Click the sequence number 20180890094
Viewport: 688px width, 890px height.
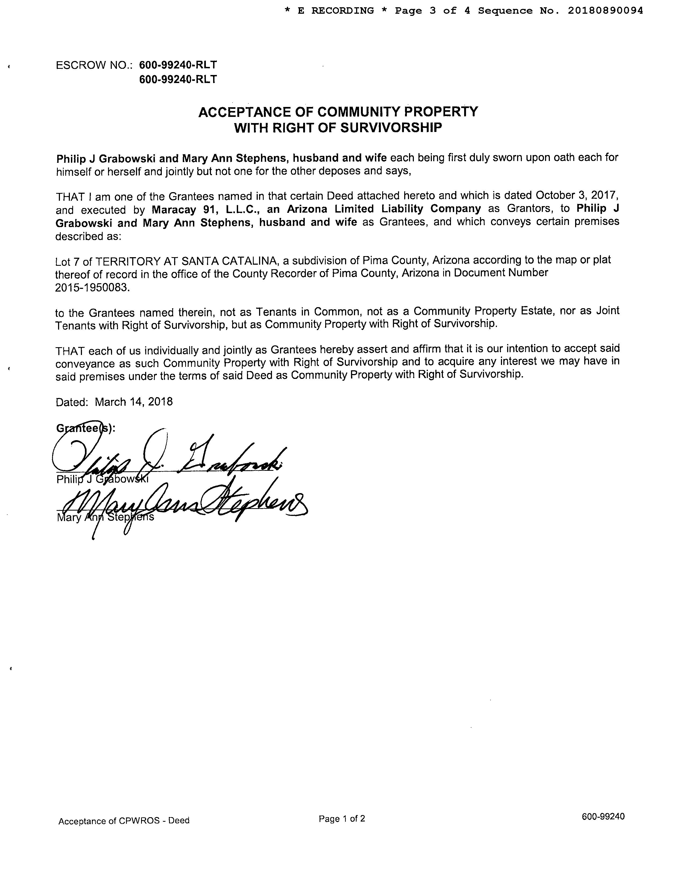[x=605, y=10]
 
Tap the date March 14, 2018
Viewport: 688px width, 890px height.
[x=134, y=402]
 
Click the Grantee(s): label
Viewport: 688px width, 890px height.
[x=85, y=428]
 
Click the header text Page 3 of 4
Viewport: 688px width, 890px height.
[x=432, y=10]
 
